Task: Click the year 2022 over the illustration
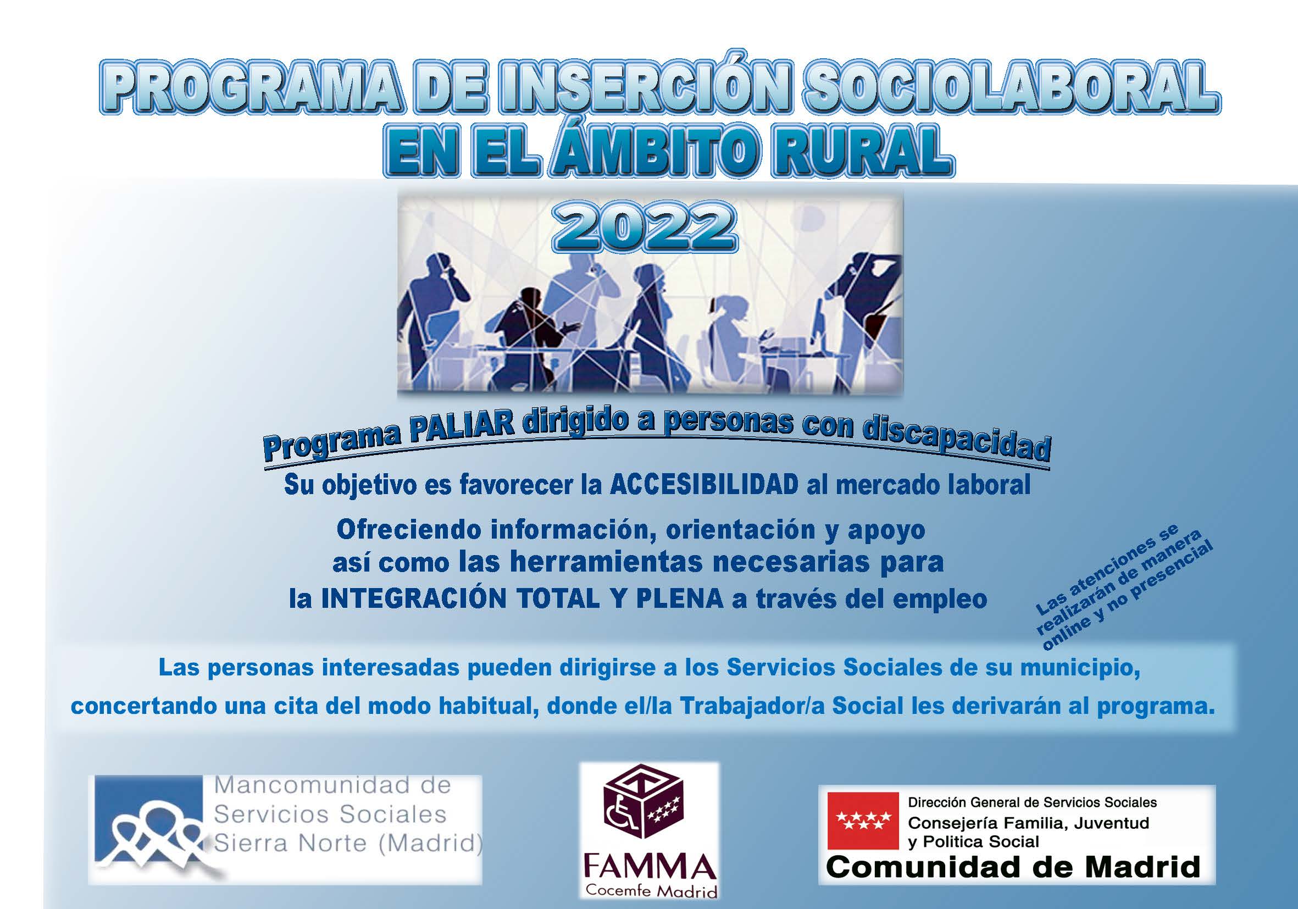click(644, 229)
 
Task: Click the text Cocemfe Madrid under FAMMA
click(651, 890)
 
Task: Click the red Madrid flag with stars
click(863, 821)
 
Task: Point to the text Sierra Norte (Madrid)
click(348, 844)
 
